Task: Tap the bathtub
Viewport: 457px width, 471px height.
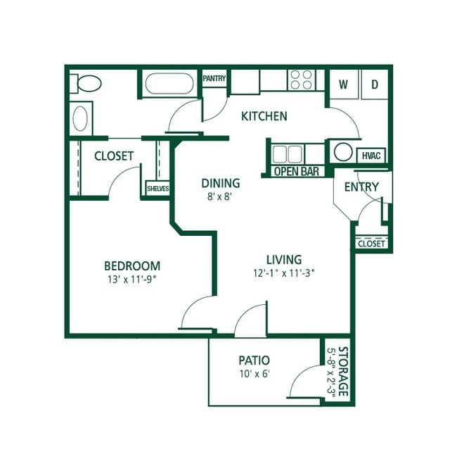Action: tap(169, 84)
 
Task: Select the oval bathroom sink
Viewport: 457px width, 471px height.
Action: tap(80, 119)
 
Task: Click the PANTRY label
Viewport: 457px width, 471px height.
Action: tap(214, 78)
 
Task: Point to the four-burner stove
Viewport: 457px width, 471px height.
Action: tap(302, 80)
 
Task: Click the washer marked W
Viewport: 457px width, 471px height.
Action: tap(344, 84)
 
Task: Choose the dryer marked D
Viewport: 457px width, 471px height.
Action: tap(375, 84)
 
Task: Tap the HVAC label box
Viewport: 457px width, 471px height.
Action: tap(371, 156)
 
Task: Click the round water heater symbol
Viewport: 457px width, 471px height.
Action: tap(343, 152)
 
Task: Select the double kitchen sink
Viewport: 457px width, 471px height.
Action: tap(288, 154)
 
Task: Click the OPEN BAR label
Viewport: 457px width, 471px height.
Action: tap(297, 172)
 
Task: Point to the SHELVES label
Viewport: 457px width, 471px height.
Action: tap(157, 189)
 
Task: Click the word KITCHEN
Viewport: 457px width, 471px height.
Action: tap(264, 116)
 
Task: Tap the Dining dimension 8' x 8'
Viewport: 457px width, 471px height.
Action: tap(220, 196)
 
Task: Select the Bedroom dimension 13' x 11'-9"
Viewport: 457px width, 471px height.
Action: tap(132, 280)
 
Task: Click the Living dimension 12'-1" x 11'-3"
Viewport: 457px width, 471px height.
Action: tap(283, 273)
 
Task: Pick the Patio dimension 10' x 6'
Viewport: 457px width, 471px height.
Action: tap(255, 374)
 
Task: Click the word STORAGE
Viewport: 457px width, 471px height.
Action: tap(343, 372)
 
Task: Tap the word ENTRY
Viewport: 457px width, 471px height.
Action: tap(361, 187)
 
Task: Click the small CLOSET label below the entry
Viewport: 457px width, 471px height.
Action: tap(371, 244)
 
